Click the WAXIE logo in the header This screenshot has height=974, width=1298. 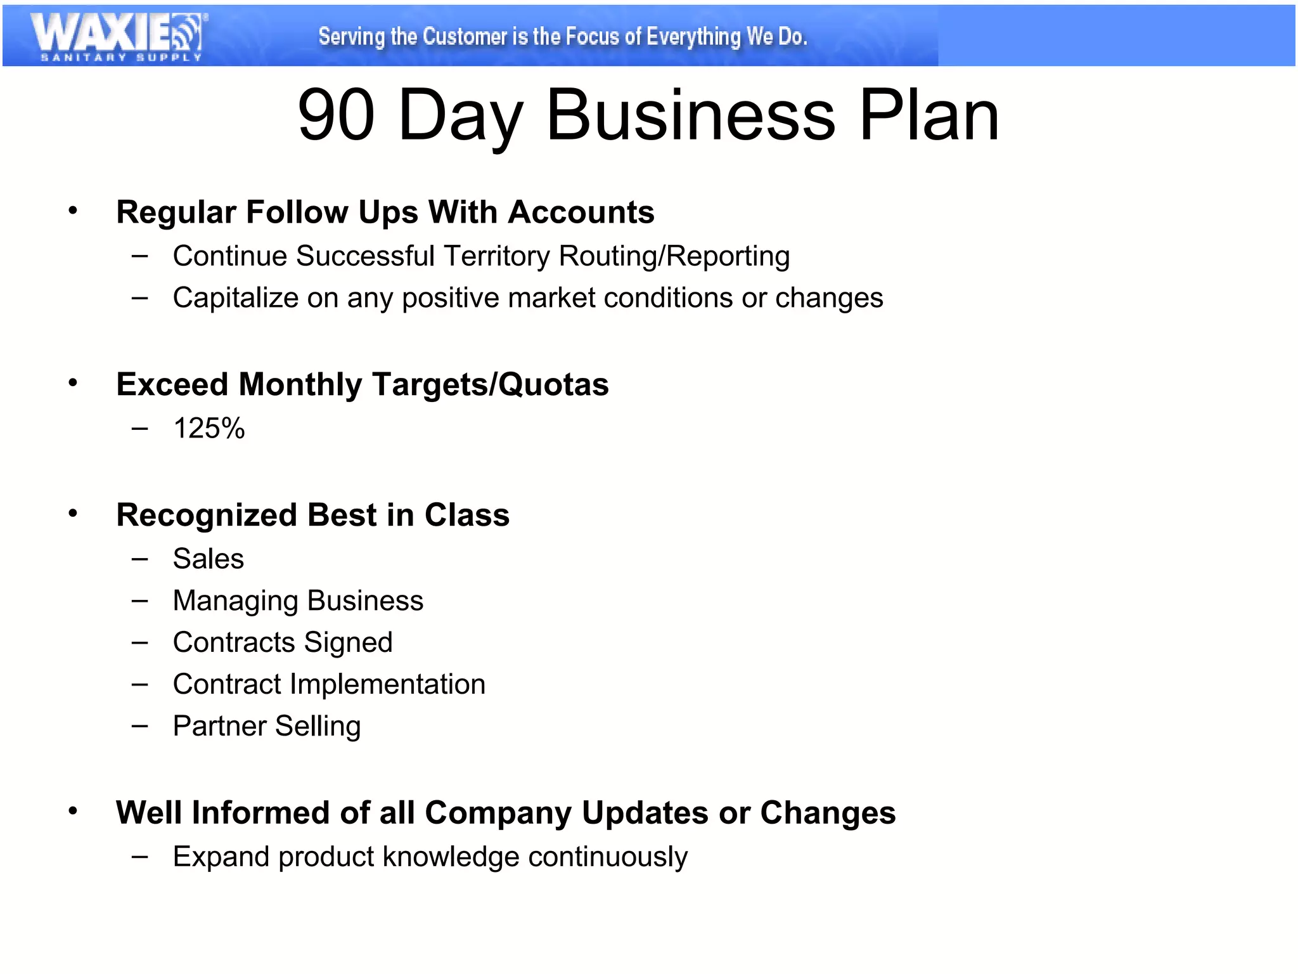118,33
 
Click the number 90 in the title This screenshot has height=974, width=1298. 337,115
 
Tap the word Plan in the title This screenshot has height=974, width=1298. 929,115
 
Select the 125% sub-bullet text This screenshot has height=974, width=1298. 209,429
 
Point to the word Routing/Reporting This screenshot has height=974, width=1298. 674,257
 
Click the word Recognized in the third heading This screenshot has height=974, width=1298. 206,516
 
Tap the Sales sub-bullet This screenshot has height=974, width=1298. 208,559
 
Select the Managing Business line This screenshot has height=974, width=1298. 298,601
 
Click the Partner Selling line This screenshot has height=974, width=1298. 267,727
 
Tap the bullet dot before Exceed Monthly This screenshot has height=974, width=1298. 73,383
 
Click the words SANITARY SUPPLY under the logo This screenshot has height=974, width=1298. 121,58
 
